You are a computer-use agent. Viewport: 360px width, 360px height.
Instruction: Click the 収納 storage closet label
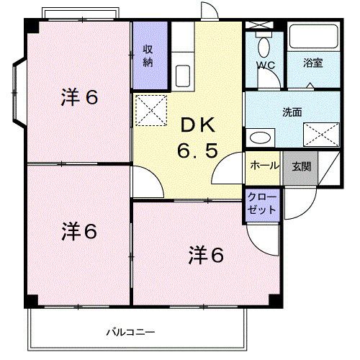[147, 56]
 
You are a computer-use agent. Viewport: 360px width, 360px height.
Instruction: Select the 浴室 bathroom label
[312, 63]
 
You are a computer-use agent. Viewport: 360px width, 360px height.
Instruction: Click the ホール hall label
[264, 166]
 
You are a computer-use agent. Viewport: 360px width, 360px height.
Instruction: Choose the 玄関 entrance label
[301, 166]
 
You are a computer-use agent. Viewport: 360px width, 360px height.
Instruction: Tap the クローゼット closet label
[257, 202]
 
